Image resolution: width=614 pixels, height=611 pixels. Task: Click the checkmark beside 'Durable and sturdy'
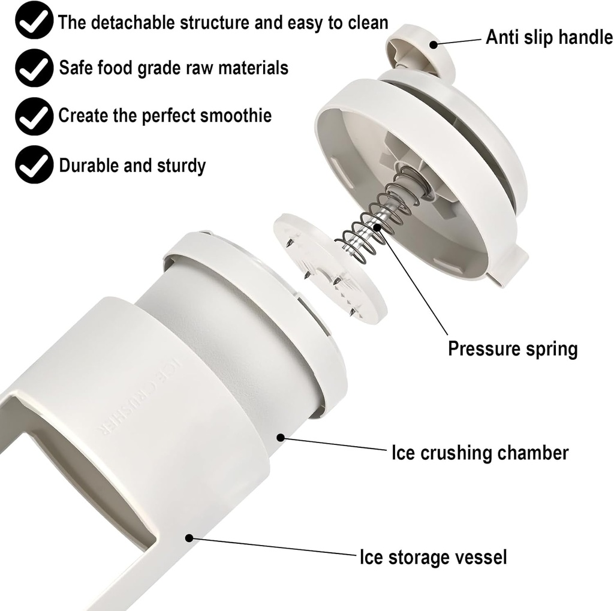point(33,165)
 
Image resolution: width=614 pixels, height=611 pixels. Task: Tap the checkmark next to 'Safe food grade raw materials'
point(33,68)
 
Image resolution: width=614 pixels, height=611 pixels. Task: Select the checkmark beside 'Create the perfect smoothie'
point(33,116)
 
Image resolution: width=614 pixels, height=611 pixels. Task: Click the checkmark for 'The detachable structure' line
point(33,22)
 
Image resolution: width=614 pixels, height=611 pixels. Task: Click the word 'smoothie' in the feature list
point(236,115)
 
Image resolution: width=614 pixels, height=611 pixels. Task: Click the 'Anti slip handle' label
point(549,37)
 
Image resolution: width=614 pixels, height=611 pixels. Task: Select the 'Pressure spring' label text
point(513,348)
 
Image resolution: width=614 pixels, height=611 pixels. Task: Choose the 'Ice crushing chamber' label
point(480,453)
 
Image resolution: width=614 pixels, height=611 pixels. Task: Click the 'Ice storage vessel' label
point(433,557)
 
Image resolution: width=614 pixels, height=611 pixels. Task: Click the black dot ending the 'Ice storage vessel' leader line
point(189,538)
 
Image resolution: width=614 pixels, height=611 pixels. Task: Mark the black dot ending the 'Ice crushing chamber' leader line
point(280,437)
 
